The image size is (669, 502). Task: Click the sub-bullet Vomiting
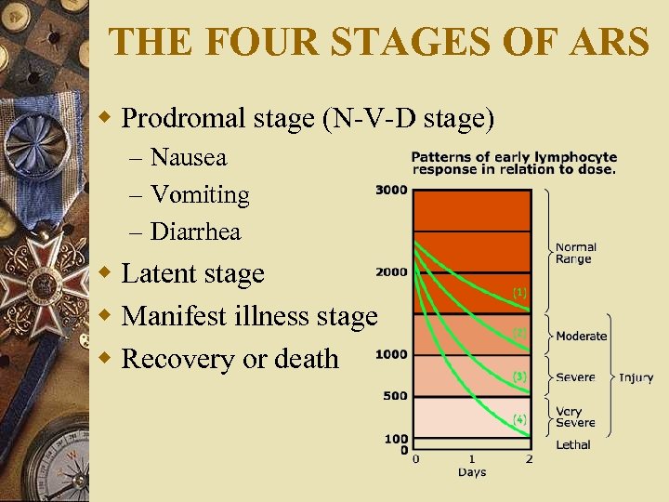click(200, 194)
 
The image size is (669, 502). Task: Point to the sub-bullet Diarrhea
click(196, 231)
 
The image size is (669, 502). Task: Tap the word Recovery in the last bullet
click(176, 358)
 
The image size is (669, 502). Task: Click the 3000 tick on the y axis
click(391, 191)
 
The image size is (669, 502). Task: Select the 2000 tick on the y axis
click(391, 272)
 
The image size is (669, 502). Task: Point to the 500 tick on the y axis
click(395, 396)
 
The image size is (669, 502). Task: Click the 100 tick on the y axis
click(397, 439)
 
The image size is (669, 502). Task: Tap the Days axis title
click(471, 472)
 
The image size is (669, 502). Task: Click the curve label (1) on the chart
click(520, 292)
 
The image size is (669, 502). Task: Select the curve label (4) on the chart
click(520, 419)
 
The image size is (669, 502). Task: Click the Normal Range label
click(576, 254)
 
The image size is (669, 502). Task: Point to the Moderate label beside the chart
click(581, 336)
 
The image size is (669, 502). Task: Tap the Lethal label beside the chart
click(573, 445)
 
